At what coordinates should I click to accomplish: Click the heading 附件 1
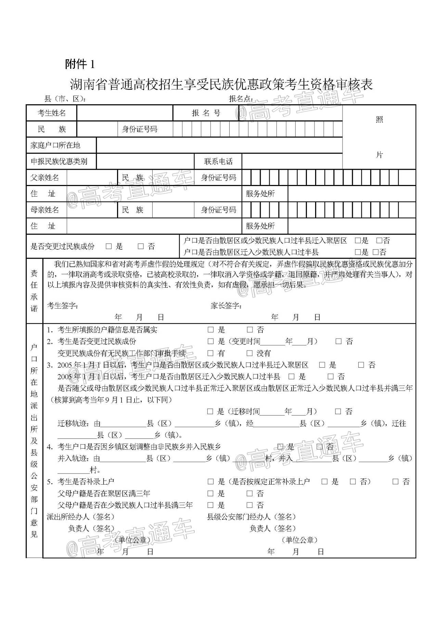[x=79, y=64]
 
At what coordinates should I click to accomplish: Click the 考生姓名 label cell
[x=51, y=113]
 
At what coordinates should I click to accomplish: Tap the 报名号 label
[x=206, y=113]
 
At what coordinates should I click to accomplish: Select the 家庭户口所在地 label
[x=55, y=145]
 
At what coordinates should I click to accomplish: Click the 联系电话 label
[x=218, y=161]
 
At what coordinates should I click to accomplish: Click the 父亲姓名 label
[x=44, y=177]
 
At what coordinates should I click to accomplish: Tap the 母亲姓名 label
[x=44, y=210]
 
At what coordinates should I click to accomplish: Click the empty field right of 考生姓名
[x=125, y=113]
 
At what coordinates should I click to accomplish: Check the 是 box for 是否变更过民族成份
[x=109, y=246]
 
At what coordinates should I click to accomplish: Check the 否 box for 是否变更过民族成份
[x=141, y=246]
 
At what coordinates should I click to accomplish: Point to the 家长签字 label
[x=226, y=305]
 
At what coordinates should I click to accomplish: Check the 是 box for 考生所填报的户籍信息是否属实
[x=210, y=330]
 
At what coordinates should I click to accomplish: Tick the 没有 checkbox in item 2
[x=249, y=353]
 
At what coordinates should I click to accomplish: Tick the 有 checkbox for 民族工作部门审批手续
[x=210, y=353]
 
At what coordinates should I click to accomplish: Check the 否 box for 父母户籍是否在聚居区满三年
[x=250, y=493]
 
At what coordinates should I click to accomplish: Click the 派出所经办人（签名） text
[x=80, y=516]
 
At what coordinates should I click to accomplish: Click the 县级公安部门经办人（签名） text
[x=252, y=516]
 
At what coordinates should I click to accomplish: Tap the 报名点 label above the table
[x=241, y=99]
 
